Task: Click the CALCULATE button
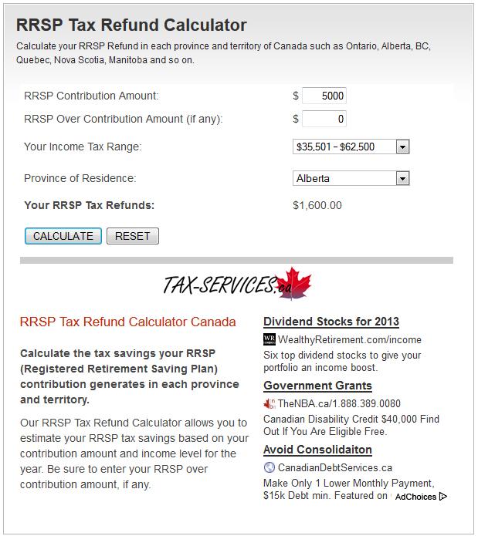coord(63,236)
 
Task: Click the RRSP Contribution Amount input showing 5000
coord(324,96)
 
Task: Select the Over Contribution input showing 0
coord(324,119)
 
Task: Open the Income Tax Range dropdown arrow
coord(402,147)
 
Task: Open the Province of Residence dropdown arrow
coord(402,178)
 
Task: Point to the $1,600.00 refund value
coord(317,205)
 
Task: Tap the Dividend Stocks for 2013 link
coord(331,322)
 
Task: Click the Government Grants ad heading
coord(317,386)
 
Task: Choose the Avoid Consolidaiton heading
coord(317,450)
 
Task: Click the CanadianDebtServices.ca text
coord(335,467)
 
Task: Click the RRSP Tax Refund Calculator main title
coord(131,25)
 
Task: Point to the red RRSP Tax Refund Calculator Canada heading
coord(127,322)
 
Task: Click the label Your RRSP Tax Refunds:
coord(90,205)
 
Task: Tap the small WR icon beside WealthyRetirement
coord(270,339)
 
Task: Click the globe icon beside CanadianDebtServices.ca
coord(270,467)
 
